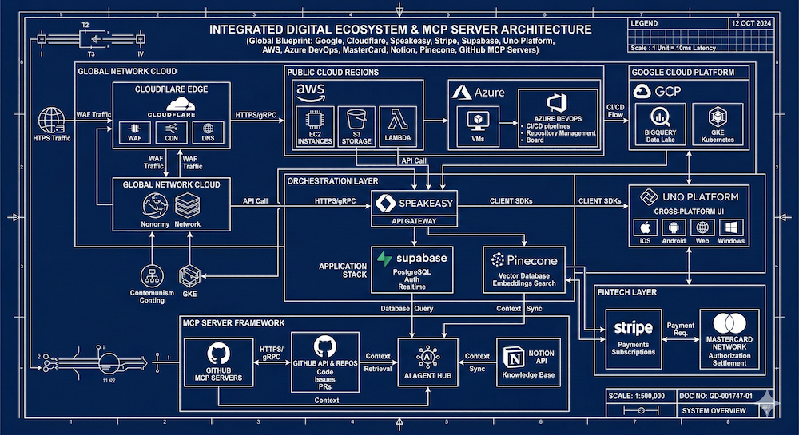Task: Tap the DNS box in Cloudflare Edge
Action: (x=208, y=131)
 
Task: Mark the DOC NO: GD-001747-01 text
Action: (x=716, y=394)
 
